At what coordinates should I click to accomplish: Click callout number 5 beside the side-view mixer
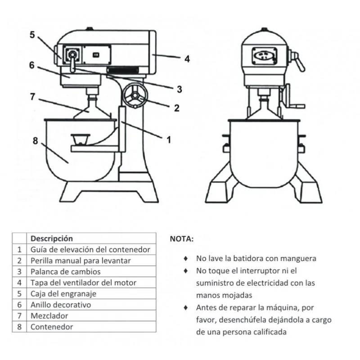(32, 35)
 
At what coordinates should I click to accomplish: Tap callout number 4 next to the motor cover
(187, 58)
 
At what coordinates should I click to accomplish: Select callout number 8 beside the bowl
(35, 141)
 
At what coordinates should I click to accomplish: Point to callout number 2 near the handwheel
(176, 108)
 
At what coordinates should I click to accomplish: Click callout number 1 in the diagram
(169, 140)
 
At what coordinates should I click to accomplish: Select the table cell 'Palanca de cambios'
(65, 271)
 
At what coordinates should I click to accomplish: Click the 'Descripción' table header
(51, 238)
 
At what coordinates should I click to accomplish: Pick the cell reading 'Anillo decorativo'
(60, 305)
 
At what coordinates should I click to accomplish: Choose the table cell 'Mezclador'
(49, 316)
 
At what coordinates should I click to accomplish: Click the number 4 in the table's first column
(19, 283)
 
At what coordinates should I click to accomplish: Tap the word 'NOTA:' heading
(181, 239)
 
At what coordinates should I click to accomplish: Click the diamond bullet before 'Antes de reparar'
(185, 308)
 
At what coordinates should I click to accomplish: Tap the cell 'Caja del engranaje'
(63, 294)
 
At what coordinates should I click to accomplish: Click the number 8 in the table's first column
(19, 327)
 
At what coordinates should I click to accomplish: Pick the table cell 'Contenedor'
(51, 327)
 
